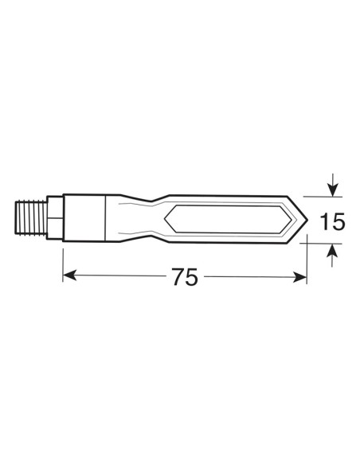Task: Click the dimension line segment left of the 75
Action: pos(119,276)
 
